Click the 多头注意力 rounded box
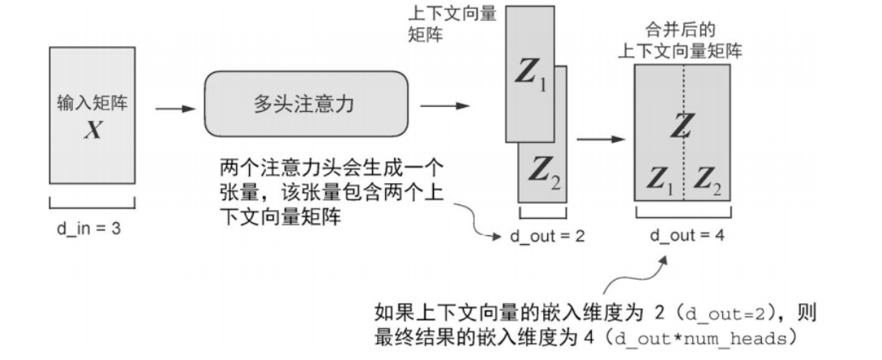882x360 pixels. point(304,105)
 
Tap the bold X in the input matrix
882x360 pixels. point(92,130)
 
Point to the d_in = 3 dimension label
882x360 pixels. point(83,229)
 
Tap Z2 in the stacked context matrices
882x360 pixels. point(545,170)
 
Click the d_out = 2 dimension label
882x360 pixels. point(546,236)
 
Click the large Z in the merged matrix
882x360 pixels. point(683,125)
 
